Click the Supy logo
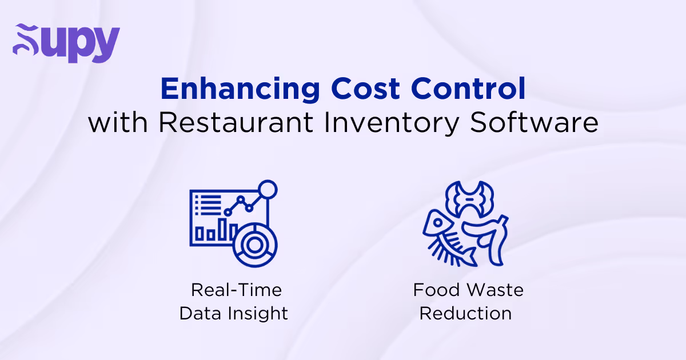66,43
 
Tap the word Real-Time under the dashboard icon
236,290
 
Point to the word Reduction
465,314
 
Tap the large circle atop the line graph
267,190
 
